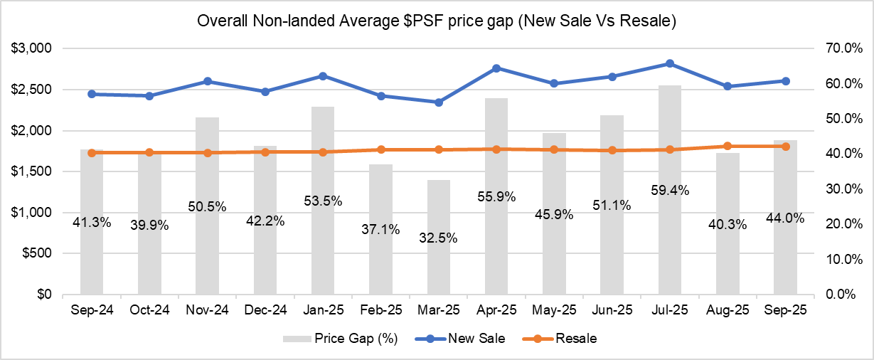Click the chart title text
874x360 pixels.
coord(437,22)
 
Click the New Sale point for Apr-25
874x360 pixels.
coord(496,68)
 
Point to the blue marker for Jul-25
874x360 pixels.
coord(670,63)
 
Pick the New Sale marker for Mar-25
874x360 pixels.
coord(439,102)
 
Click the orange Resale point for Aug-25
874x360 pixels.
coord(728,146)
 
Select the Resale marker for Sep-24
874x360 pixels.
coord(92,152)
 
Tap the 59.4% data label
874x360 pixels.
coord(670,190)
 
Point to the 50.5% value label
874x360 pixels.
coord(208,206)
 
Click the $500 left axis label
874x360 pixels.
coord(36,253)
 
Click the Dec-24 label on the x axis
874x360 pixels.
coord(265,311)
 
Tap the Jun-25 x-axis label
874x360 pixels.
coord(612,311)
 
